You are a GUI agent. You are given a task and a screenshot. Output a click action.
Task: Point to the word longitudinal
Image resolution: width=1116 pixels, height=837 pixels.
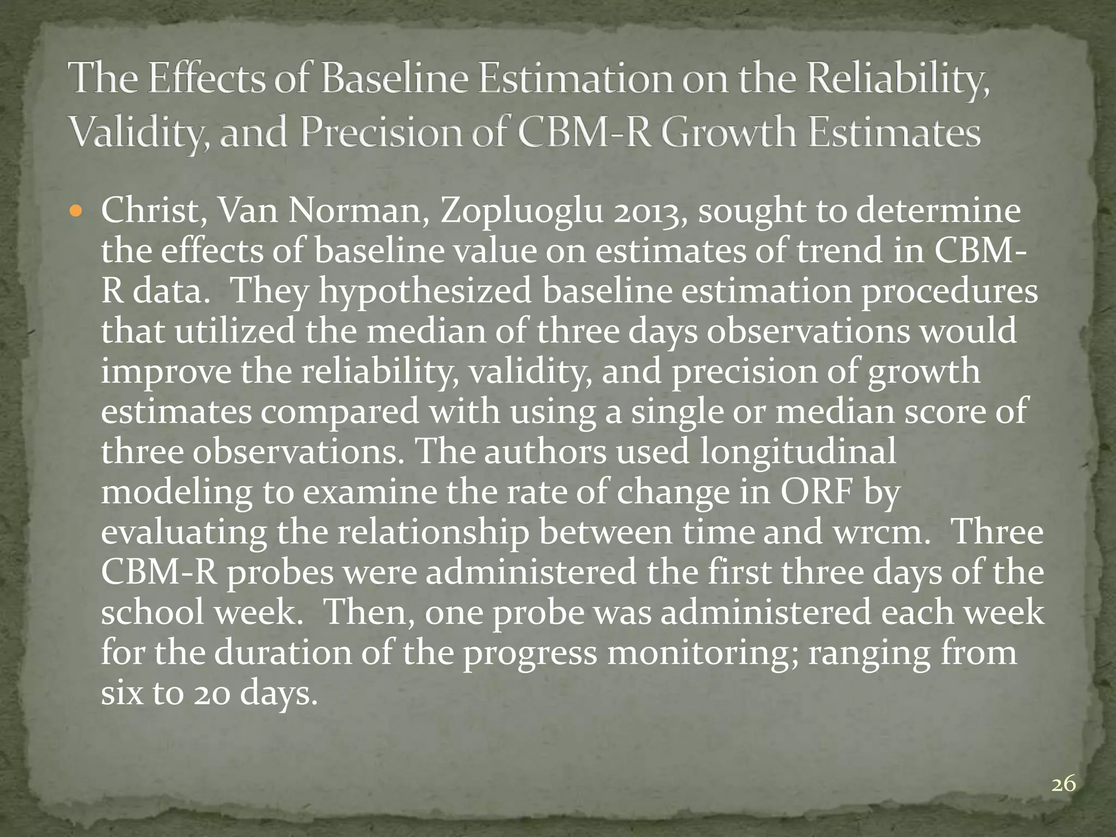[x=797, y=452]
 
